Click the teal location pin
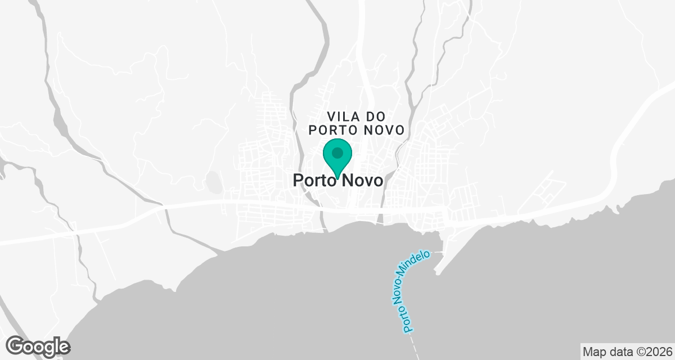pyautogui.click(x=337, y=158)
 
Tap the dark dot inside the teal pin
pyautogui.click(x=337, y=153)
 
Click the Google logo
pyautogui.click(x=38, y=346)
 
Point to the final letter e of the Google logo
pyautogui.click(x=64, y=347)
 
